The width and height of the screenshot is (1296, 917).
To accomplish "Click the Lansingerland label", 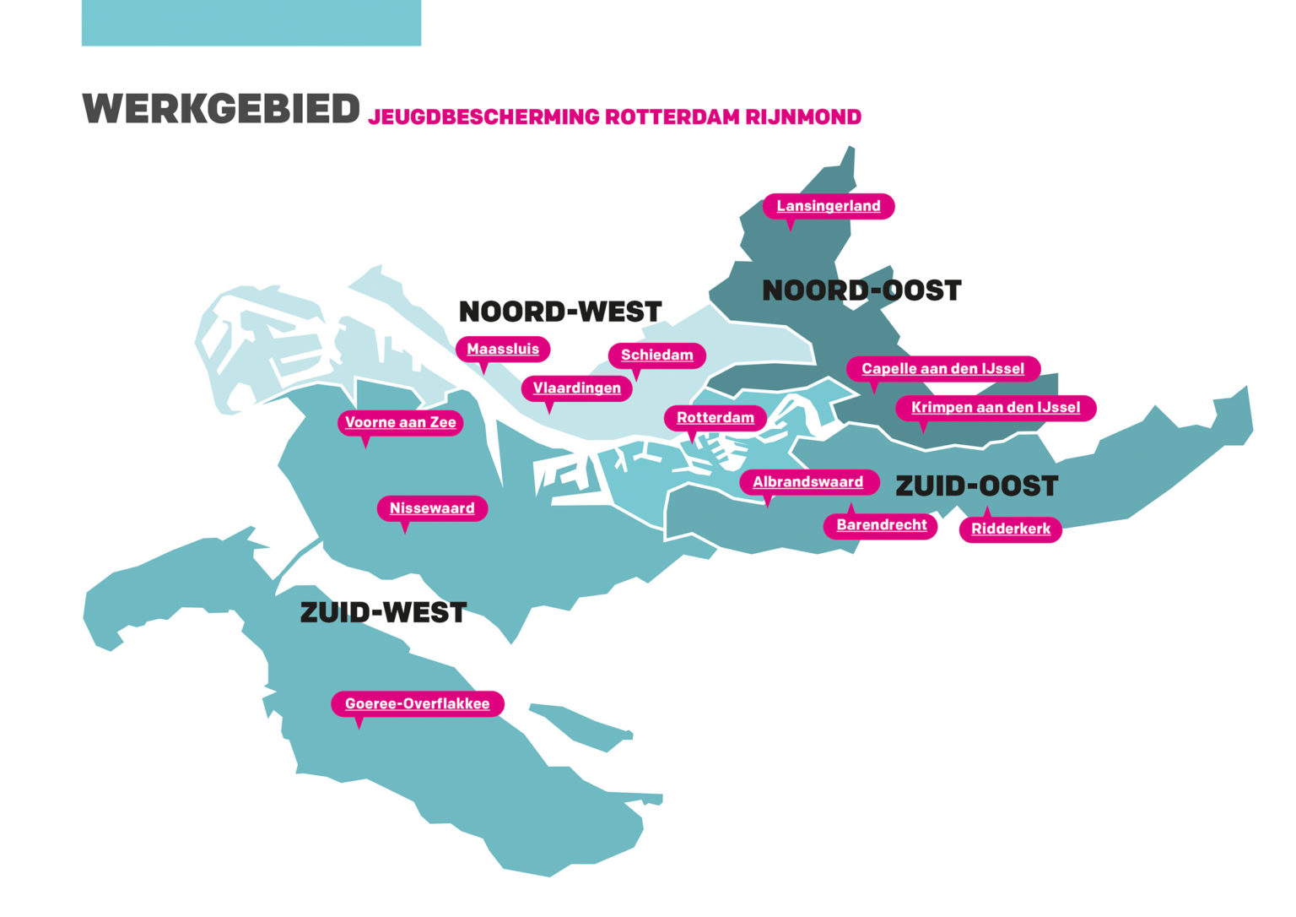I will [x=829, y=206].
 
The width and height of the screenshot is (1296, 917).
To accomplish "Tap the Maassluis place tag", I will [x=503, y=349].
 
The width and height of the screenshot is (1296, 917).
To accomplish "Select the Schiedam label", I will [x=656, y=355].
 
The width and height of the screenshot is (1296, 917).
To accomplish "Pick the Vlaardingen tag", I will [x=576, y=388].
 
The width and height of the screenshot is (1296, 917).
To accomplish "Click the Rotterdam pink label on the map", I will [x=715, y=418].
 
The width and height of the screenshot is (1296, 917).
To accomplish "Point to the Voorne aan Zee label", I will [x=400, y=422].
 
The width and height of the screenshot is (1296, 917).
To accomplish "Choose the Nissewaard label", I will [x=432, y=508].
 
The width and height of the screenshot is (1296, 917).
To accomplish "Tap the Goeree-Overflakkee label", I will [x=417, y=704].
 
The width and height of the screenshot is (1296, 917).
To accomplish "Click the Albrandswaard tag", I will [x=807, y=482].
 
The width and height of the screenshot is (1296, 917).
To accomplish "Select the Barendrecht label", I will [x=881, y=525].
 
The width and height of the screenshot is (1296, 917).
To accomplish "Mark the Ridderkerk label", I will [x=1011, y=529].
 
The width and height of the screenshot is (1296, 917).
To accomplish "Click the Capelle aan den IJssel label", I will [x=942, y=369].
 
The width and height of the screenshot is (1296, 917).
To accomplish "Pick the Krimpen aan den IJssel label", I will [x=996, y=408].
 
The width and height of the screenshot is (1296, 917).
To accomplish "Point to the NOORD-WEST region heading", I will [x=559, y=312].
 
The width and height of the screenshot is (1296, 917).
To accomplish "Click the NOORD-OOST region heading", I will [x=861, y=290].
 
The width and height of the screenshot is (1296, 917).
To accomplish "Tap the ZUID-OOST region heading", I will [x=976, y=486].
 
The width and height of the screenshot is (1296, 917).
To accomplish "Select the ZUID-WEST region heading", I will [x=383, y=612].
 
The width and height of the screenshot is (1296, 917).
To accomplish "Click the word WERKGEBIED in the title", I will [x=221, y=110].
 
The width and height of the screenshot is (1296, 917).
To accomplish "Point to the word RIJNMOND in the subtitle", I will [x=803, y=117].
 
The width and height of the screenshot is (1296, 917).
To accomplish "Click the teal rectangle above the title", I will [x=251, y=23].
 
